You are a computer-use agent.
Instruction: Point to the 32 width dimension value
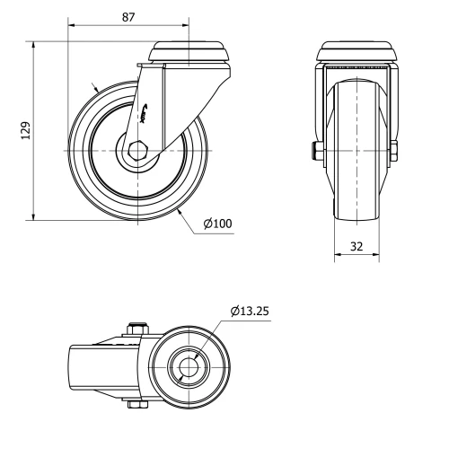357,244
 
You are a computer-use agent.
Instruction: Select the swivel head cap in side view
190,51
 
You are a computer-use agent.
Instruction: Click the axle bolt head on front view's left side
318,151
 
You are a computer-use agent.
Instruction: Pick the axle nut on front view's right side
394,151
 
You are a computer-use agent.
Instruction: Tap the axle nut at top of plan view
137,329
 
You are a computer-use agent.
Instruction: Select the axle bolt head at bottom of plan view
136,407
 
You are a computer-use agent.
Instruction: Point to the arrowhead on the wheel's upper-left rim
95,88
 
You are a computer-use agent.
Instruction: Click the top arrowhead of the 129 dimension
33,44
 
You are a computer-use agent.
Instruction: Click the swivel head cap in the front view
356,51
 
